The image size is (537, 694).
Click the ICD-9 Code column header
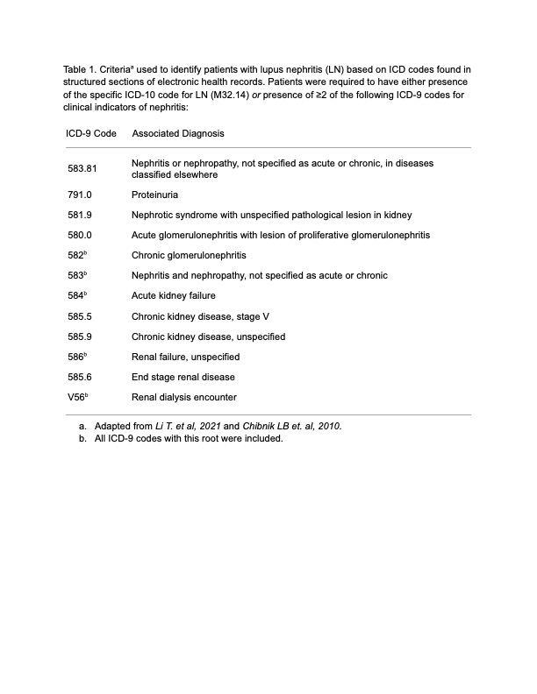click(x=90, y=134)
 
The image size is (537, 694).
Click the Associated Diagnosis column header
click(x=177, y=134)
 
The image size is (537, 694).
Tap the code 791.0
click(x=80, y=195)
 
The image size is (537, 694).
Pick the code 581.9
click(x=80, y=215)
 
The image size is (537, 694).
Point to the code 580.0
click(x=80, y=235)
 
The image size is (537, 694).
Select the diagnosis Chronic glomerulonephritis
click(x=189, y=256)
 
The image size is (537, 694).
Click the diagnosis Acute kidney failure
click(x=173, y=296)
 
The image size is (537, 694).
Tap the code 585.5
click(x=80, y=316)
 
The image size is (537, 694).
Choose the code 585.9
click(x=80, y=336)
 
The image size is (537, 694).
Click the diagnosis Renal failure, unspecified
click(x=185, y=358)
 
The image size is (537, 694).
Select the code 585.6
click(x=80, y=378)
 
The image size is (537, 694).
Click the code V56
click(x=76, y=398)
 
